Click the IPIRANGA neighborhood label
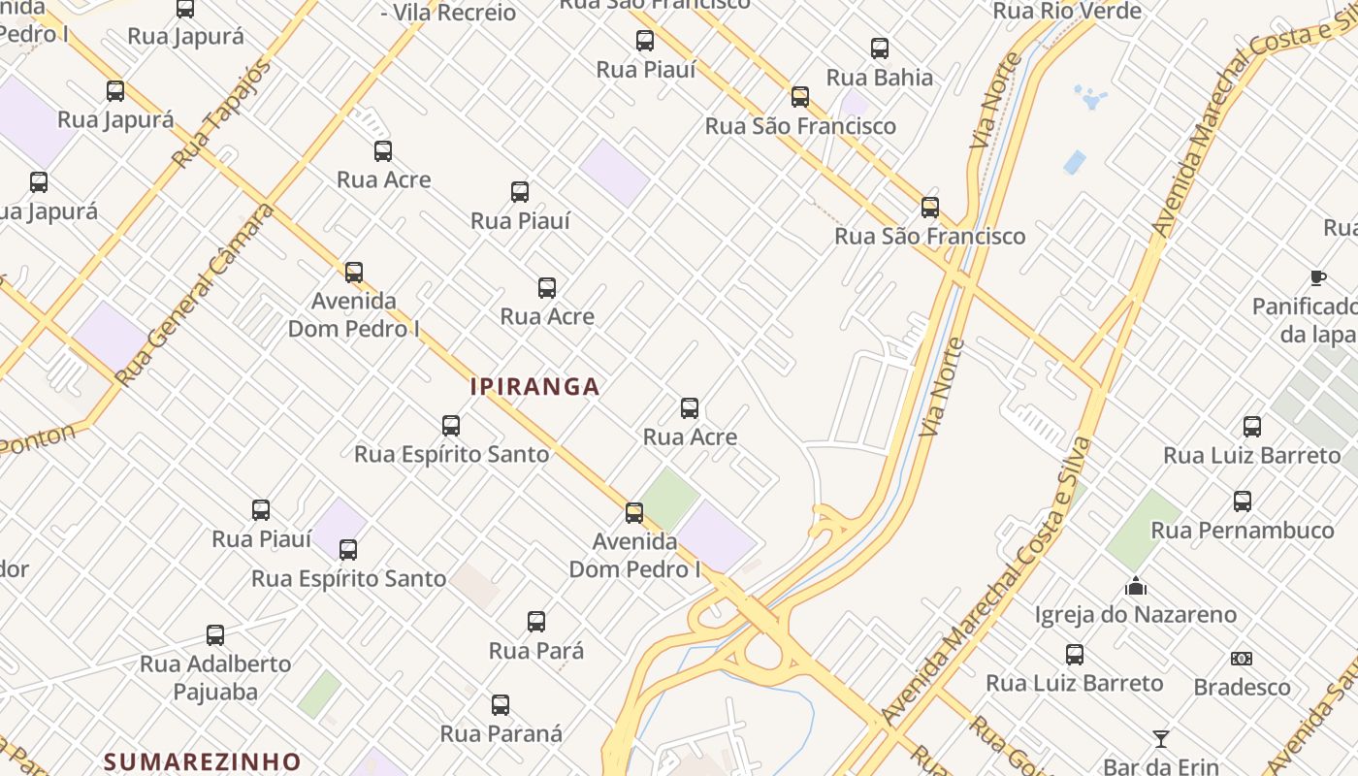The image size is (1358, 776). pos(534,386)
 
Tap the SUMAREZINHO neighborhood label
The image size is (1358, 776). pos(202,761)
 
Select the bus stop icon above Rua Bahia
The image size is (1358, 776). pos(880,48)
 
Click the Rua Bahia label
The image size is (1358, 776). pos(880,78)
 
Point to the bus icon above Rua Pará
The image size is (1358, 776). pos(536,622)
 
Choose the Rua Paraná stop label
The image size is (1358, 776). pos(501,733)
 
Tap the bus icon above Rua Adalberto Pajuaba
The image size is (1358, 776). pos(215,635)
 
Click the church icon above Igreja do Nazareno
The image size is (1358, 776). pos(1136,586)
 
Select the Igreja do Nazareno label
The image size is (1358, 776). pos(1136,614)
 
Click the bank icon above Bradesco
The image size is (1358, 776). pos(1242,659)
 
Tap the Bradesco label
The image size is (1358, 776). pos(1242,687)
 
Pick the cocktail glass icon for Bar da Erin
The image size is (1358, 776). pos(1160,739)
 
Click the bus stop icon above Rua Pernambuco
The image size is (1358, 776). pos(1243,501)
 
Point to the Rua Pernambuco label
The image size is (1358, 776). pos(1243,530)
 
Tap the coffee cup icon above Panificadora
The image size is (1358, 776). pos(1318,278)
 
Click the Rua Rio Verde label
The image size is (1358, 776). pos(1067,12)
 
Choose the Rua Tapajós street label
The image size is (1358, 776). pos(220,113)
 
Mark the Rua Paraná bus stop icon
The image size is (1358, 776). pos(501,705)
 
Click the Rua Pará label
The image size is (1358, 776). pos(536,650)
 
